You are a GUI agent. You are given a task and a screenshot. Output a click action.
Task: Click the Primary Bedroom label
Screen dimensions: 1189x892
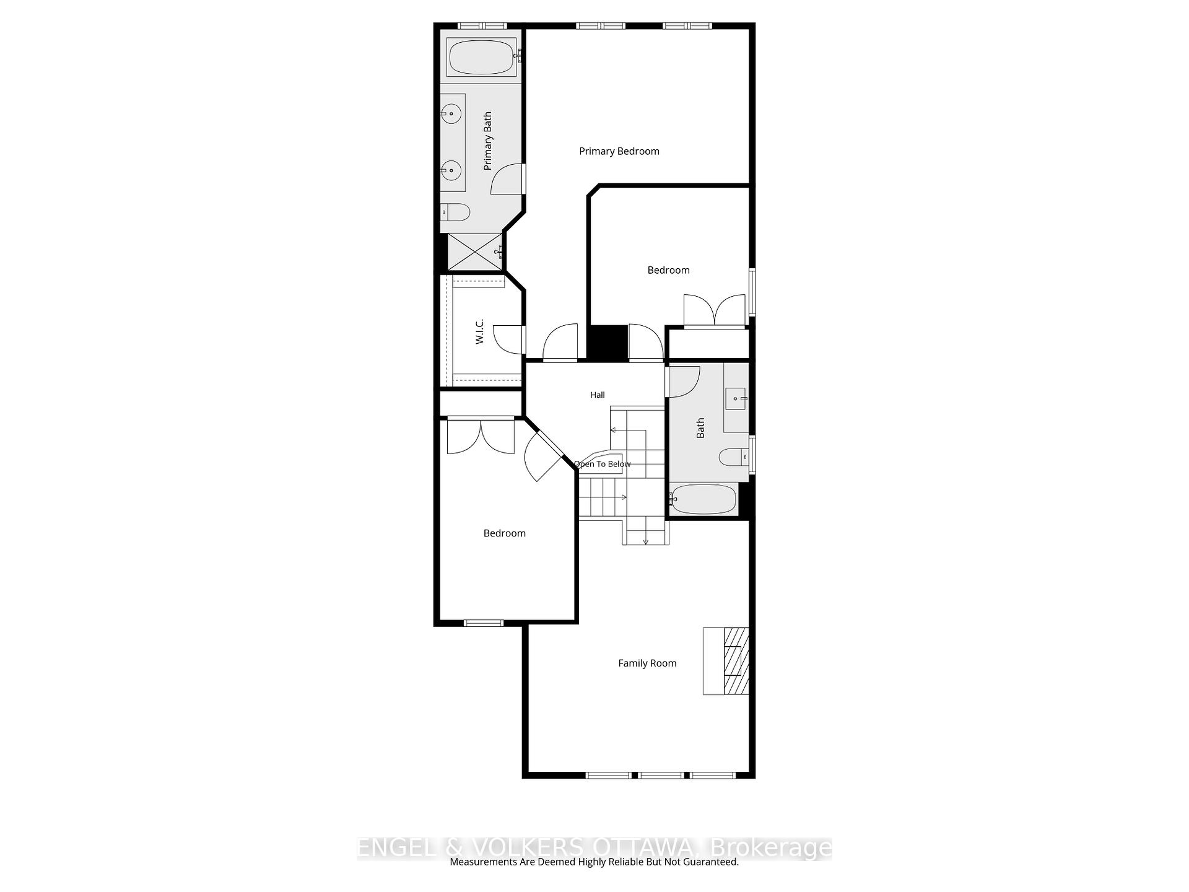tap(619, 151)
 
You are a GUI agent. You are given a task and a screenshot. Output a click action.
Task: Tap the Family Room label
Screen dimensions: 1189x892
tap(647, 663)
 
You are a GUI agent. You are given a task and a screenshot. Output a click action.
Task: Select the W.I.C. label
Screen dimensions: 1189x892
tap(479, 331)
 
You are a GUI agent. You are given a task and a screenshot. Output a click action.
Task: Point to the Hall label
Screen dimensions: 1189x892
tap(597, 395)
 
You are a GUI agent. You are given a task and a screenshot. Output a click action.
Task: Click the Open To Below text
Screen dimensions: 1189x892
tap(602, 464)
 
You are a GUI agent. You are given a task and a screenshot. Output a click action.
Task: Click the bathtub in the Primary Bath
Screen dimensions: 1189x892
tap(481, 57)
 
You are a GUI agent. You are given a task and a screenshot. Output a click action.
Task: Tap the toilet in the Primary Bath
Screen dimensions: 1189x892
tap(455, 212)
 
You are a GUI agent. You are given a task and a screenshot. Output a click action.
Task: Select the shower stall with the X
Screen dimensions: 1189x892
tap(474, 251)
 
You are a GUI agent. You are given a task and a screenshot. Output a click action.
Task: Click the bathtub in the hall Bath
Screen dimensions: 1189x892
tap(703, 499)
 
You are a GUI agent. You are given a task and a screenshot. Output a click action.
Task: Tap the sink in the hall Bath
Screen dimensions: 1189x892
tap(736, 398)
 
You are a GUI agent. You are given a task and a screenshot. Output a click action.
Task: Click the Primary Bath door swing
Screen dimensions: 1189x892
tap(507, 178)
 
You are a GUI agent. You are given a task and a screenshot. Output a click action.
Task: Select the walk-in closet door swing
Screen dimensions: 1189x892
tap(509, 339)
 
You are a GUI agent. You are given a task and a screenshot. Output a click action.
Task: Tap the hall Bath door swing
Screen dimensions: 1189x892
tap(684, 382)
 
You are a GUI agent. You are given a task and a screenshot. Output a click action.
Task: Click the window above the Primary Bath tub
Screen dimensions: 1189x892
tap(482, 26)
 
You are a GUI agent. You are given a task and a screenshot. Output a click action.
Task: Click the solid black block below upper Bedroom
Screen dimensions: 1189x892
tap(607, 342)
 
